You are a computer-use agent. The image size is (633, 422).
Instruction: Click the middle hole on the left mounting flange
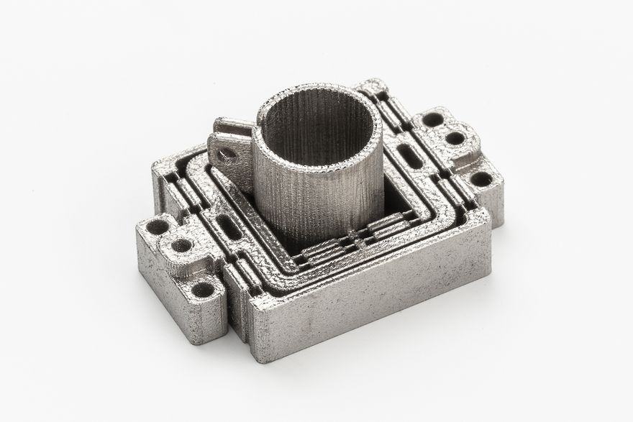182,247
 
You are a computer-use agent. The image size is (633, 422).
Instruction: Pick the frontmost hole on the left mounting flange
204,290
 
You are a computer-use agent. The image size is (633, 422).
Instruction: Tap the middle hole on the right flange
454,137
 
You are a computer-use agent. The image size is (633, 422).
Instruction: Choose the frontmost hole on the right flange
481,178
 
